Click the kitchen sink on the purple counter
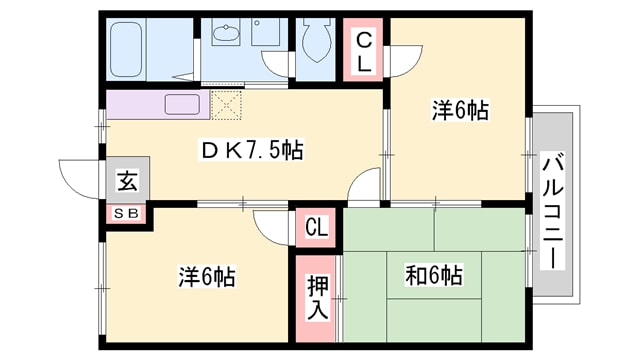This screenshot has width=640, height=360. click(x=182, y=104)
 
